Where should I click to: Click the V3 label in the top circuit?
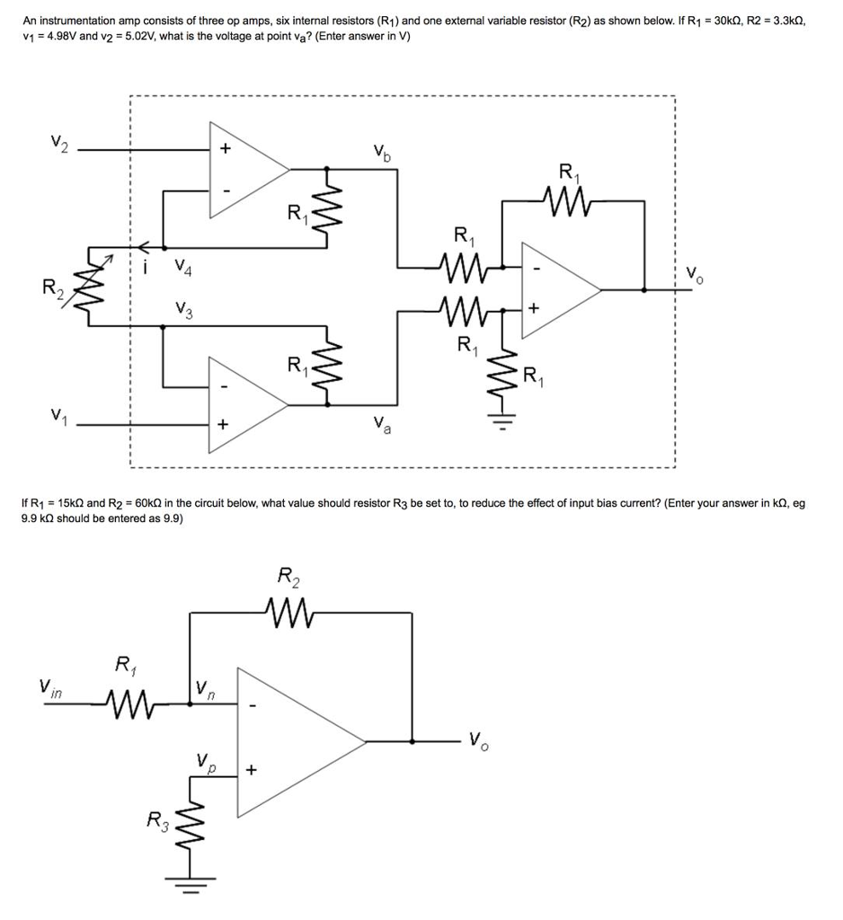coord(183,311)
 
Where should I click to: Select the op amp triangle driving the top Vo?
coord(557,289)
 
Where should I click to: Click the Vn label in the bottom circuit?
coord(205,690)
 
